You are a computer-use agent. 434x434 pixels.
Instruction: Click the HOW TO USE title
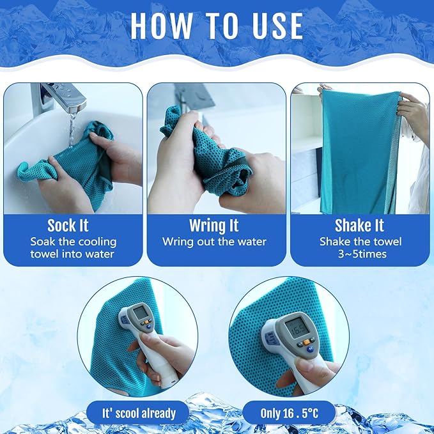pyautogui.click(x=217, y=26)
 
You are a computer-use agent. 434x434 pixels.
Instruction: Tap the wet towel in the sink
pyautogui.click(x=77, y=166)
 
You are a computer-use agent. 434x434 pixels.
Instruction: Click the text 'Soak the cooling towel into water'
pyautogui.click(x=72, y=247)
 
